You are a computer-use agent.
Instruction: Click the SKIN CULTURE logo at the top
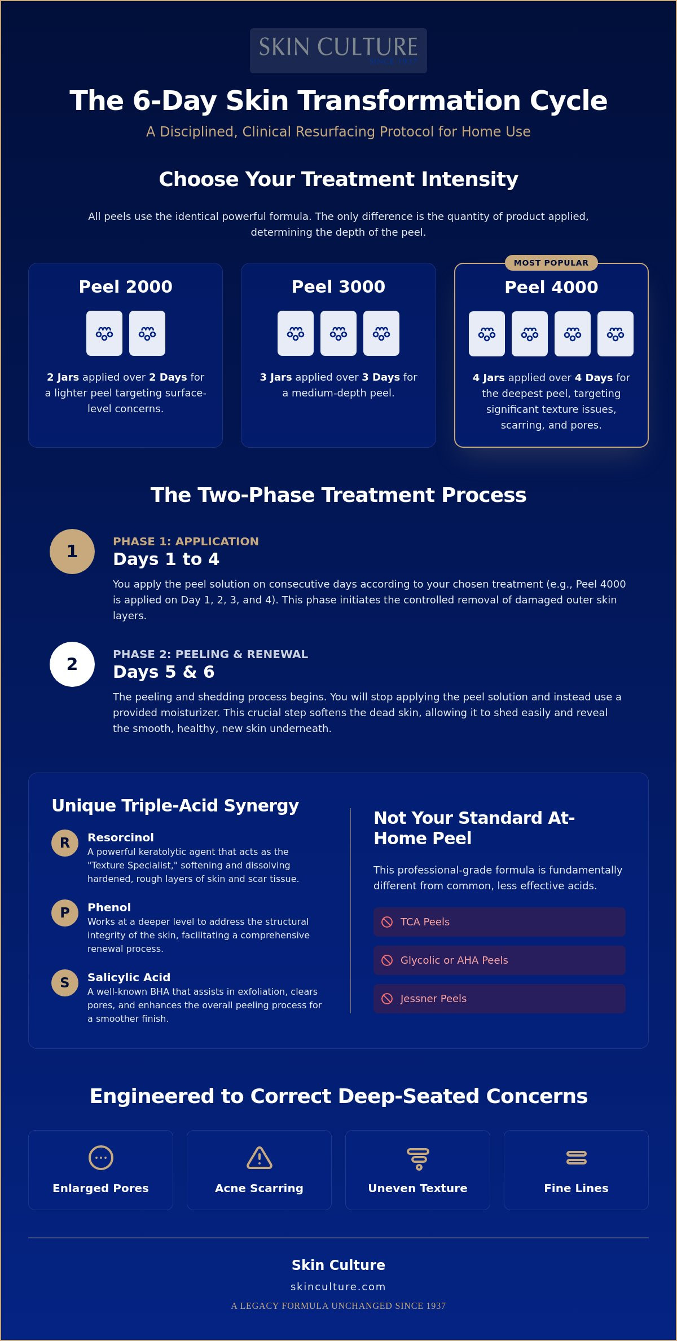point(338,50)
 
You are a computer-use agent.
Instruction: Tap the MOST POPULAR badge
point(551,263)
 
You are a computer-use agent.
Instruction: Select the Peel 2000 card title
point(126,286)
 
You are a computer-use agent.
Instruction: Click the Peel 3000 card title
point(338,286)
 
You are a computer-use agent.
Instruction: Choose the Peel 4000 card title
point(551,287)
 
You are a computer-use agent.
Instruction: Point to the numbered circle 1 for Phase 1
point(72,552)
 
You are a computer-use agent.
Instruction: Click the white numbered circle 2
point(72,664)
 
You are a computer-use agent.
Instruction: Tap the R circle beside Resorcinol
point(65,843)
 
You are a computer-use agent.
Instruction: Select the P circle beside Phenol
point(65,913)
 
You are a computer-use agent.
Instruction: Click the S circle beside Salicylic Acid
point(65,983)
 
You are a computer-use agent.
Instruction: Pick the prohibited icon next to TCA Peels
point(387,922)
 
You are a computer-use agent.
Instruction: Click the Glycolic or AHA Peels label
point(454,960)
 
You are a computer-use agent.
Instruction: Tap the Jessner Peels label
point(433,999)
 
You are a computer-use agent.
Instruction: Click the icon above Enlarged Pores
point(101,1158)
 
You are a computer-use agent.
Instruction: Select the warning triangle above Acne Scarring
point(260,1158)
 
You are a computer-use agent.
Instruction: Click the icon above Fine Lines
point(577,1158)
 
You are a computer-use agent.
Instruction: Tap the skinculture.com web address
point(338,1286)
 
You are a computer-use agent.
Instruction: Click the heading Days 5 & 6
point(164,672)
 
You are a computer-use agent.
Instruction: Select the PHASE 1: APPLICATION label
point(186,541)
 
